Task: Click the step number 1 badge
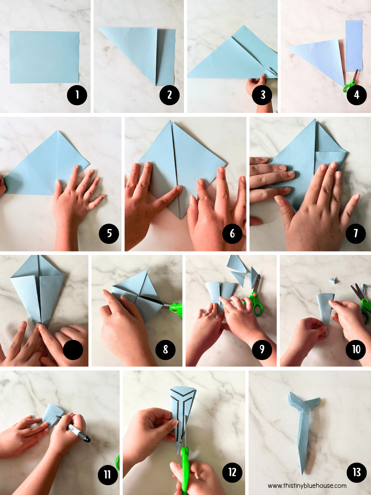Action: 77,95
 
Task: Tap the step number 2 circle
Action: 169,95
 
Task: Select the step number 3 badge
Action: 262,95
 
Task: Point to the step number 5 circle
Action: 109,233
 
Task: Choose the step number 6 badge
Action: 232,233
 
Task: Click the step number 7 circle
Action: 356,233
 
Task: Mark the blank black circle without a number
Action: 73,350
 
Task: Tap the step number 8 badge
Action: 166,350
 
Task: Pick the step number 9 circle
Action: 262,350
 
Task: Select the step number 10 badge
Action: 356,350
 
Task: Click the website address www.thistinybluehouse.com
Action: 307,485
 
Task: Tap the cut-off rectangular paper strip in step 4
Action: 354,46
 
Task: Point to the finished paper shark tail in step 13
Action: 303,430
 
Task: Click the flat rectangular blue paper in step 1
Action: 45,57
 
